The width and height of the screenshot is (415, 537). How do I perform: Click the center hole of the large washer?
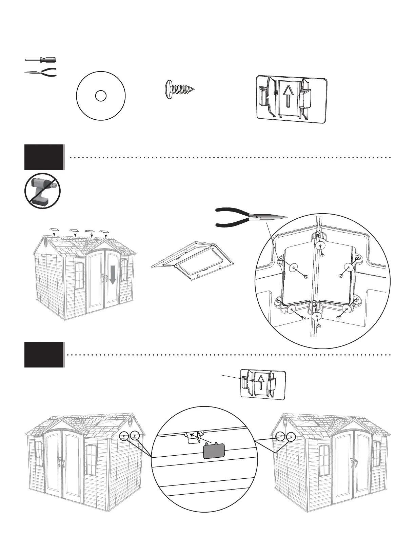coord(101,96)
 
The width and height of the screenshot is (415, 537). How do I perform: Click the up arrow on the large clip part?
coord(288,95)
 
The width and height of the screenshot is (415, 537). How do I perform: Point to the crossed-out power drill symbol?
coord(42,191)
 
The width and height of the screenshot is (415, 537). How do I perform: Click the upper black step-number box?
coord(44,157)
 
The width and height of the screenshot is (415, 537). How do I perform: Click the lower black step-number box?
coord(44,355)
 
